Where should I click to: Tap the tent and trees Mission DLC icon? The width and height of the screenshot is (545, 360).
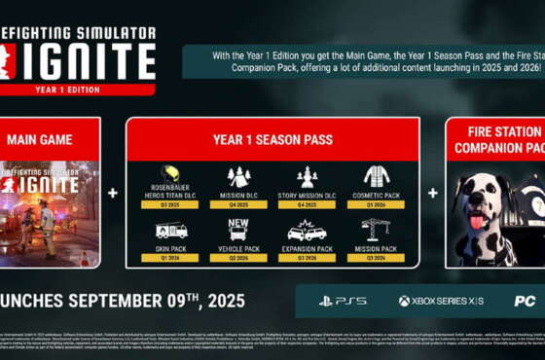point(238,175)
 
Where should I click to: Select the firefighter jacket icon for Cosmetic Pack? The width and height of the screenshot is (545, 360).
point(377,175)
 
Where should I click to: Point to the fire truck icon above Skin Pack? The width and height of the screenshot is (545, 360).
point(169,231)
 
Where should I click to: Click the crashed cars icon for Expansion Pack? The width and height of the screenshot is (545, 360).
point(308,233)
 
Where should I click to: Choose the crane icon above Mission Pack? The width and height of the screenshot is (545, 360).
point(376,230)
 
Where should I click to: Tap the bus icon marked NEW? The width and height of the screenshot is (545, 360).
point(238,229)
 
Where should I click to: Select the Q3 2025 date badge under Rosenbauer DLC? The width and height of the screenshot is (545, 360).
point(169,205)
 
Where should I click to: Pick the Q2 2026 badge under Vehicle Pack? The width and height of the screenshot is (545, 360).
point(238,258)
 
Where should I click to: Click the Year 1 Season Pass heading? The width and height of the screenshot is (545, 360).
point(272,140)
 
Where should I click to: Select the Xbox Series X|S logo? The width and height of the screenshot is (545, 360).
point(440,301)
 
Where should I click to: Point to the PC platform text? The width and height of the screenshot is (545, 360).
point(525,301)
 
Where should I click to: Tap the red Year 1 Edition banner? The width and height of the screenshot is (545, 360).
point(77,90)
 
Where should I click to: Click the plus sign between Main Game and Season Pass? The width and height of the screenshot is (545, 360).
point(113,193)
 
